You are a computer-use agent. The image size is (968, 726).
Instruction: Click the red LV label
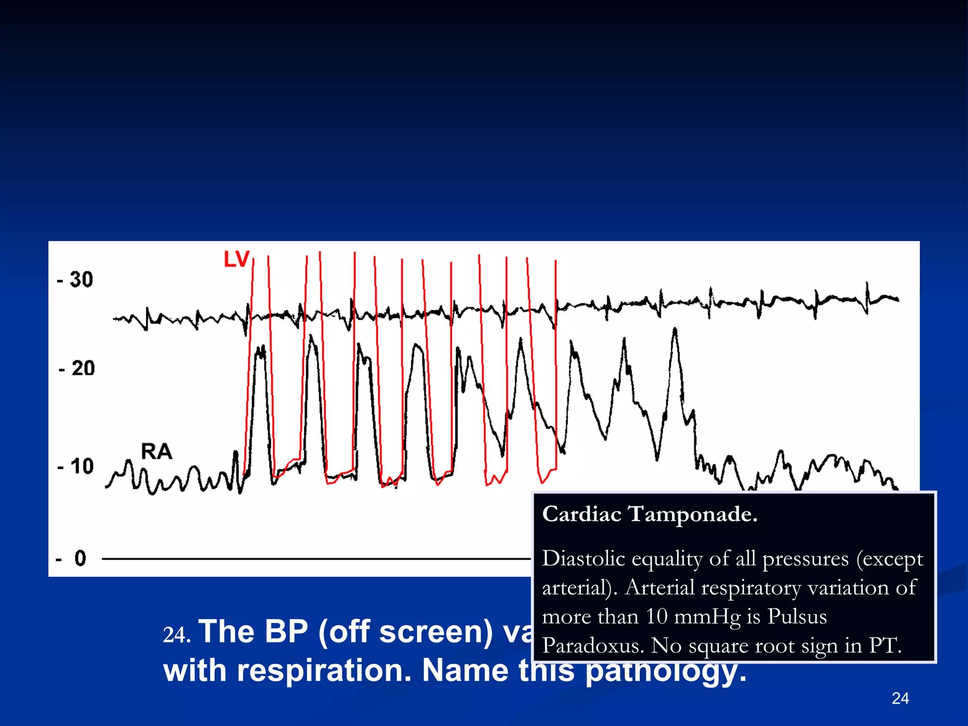click(x=236, y=259)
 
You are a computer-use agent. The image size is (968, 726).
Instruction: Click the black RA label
click(x=156, y=451)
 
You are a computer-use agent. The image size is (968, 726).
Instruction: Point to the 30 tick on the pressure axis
click(x=81, y=280)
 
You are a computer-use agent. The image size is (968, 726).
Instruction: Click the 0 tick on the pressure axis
click(x=80, y=558)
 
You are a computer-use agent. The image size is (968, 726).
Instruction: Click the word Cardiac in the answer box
click(x=581, y=514)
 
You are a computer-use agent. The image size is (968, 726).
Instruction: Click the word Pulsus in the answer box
click(x=797, y=616)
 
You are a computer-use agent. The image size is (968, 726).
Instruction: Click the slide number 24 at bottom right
click(x=900, y=698)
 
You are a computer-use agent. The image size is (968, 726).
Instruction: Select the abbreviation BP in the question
click(x=286, y=631)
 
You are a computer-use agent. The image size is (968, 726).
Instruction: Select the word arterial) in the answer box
click(x=579, y=588)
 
